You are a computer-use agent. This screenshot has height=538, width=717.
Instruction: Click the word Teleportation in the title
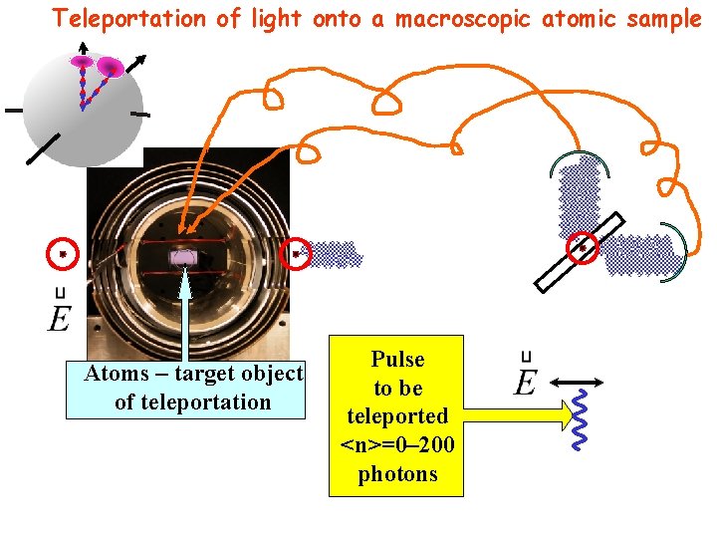point(118,18)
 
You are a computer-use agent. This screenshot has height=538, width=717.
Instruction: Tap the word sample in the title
point(667,18)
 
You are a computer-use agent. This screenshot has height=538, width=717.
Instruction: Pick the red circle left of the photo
point(63,255)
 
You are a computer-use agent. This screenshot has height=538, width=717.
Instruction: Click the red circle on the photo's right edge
point(296,254)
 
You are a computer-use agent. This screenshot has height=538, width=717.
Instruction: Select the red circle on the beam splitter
point(583,247)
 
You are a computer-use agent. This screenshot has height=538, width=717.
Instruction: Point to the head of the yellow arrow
point(568,410)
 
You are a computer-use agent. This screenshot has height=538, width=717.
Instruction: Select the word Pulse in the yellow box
point(397,360)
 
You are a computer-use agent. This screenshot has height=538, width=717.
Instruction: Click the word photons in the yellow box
point(397,474)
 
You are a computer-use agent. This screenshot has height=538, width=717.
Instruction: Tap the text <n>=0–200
point(397,445)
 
